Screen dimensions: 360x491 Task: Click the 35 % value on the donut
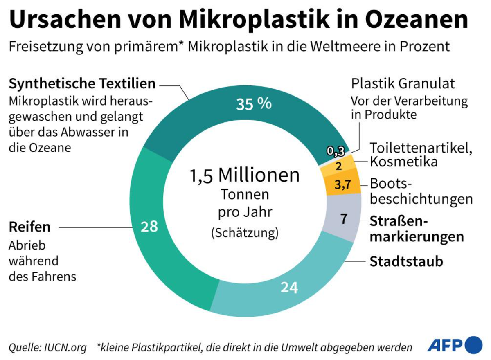[254, 104]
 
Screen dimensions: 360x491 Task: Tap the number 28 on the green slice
[149, 226]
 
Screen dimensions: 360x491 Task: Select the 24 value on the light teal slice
[289, 288]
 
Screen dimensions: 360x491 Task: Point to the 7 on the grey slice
[344, 219]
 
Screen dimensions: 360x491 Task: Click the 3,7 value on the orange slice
[342, 185]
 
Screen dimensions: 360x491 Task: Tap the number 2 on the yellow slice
[338, 166]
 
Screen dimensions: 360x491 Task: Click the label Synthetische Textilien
[82, 84]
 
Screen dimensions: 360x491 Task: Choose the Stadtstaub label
[406, 261]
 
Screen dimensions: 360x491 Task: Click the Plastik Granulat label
[403, 84]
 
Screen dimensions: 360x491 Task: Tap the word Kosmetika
[403, 162]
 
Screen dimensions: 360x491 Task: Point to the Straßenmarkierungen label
[417, 229]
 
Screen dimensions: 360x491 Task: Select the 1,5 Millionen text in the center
[245, 175]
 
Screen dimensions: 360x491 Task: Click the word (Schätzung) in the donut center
[245, 232]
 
